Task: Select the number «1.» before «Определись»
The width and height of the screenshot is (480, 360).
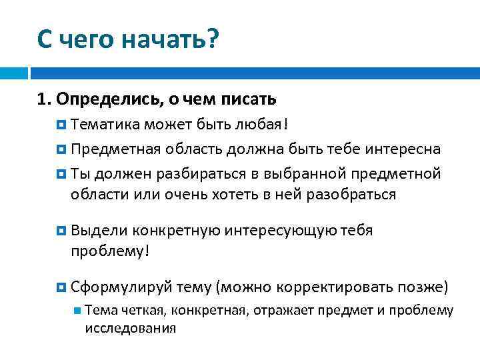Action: point(45,99)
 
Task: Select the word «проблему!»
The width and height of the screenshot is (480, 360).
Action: point(110,251)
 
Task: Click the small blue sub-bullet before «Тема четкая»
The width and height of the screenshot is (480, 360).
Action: point(78,310)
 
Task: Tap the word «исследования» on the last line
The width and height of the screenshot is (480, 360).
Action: point(131,328)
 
